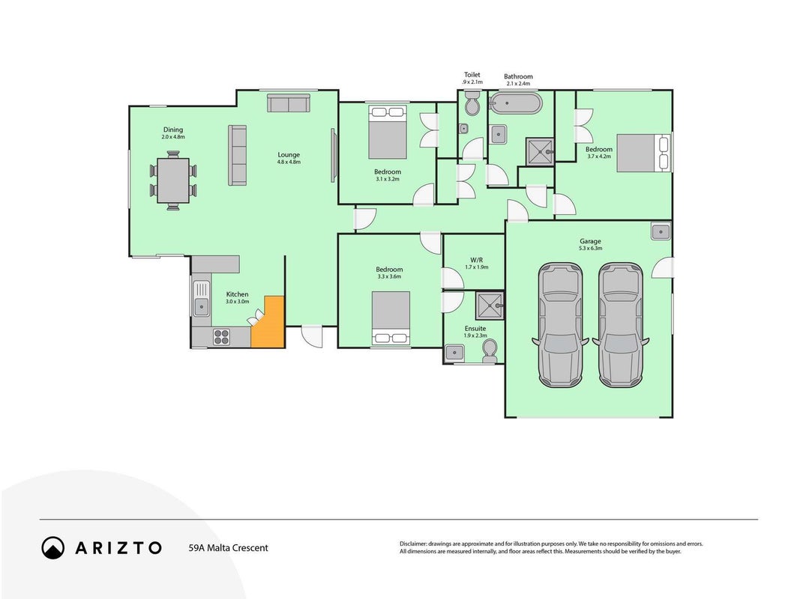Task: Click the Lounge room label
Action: click(x=289, y=155)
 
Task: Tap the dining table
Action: click(x=173, y=180)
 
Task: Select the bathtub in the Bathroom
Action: click(x=515, y=103)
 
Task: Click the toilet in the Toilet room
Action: click(x=472, y=103)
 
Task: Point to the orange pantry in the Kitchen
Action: click(x=268, y=323)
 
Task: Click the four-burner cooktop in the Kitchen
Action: click(x=222, y=336)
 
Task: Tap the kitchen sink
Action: click(x=201, y=298)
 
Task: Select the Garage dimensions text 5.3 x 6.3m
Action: click(x=590, y=249)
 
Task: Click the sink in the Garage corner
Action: click(x=661, y=231)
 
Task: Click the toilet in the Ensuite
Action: click(x=490, y=351)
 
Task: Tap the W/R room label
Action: click(x=476, y=260)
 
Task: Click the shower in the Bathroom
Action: click(x=540, y=151)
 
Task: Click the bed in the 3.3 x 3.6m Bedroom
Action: click(x=391, y=318)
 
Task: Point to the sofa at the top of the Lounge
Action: click(x=289, y=103)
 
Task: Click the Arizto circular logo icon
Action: click(x=53, y=548)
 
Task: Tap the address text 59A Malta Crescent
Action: click(x=228, y=548)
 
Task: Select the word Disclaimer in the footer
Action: click(x=412, y=544)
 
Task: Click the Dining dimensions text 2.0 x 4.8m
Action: click(x=172, y=137)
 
